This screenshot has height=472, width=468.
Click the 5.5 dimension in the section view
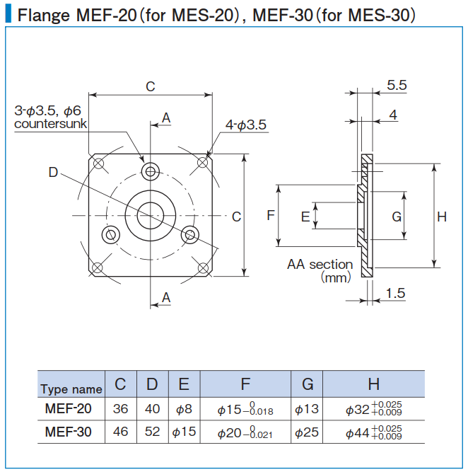pyautogui.click(x=397, y=85)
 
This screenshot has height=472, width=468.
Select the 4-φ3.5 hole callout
pyautogui.click(x=245, y=125)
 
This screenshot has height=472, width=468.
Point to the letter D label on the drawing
pyautogui.click(x=54, y=172)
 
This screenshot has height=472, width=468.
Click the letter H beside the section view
pyautogui.click(x=441, y=217)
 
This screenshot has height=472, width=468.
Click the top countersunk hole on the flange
pyautogui.click(x=151, y=172)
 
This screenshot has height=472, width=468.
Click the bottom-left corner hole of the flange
pyautogui.click(x=98, y=268)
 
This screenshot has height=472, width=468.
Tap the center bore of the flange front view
pyautogui.click(x=151, y=215)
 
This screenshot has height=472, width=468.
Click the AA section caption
pyautogui.click(x=320, y=265)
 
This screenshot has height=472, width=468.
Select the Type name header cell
pyautogui.click(x=71, y=388)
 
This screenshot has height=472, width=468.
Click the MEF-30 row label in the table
pyautogui.click(x=68, y=431)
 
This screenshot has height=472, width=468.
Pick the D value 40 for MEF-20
pyautogui.click(x=152, y=408)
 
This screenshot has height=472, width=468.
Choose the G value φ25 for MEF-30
pyautogui.click(x=308, y=431)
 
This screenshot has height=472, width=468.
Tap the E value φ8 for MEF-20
pyautogui.click(x=184, y=408)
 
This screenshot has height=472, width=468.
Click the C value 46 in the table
pyautogui.click(x=121, y=431)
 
